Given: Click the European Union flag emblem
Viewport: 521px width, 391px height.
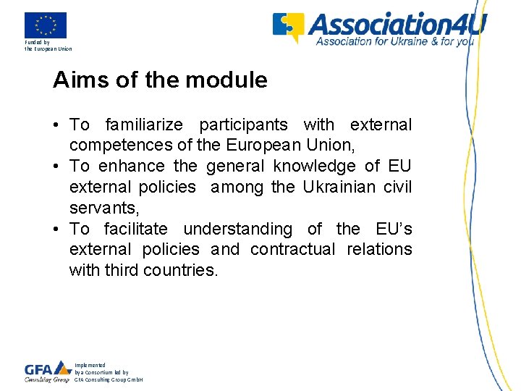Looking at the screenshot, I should click(46, 25).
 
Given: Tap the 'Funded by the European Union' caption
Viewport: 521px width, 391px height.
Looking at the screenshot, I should click(48, 46).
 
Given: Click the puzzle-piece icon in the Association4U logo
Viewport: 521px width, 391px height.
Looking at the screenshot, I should click(288, 27).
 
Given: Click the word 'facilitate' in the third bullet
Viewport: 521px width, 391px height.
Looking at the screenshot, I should click(135, 229).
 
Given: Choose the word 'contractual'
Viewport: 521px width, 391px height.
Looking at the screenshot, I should click(293, 250).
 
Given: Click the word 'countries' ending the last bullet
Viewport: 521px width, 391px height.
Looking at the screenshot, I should click(180, 270).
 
